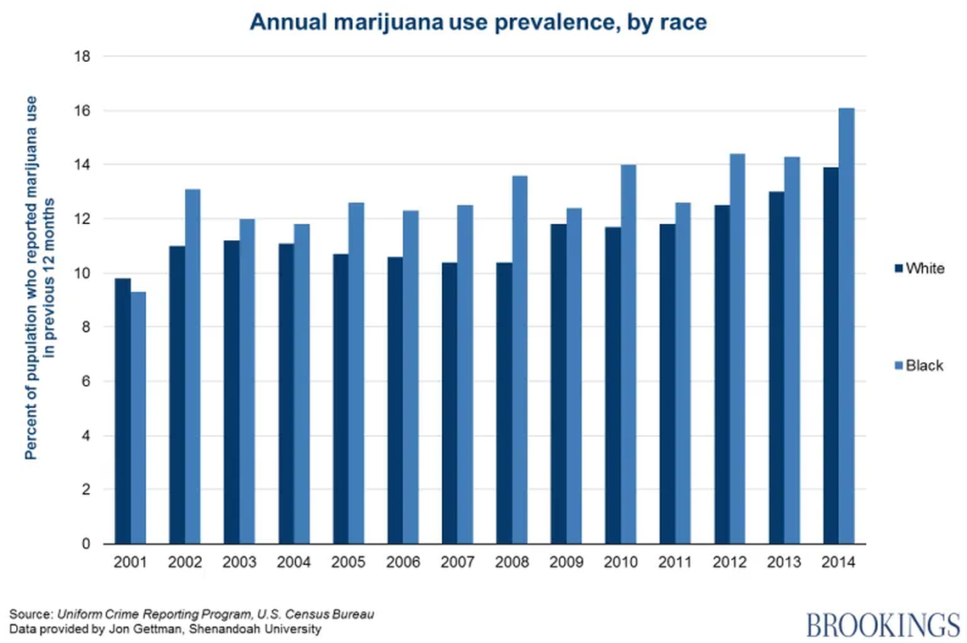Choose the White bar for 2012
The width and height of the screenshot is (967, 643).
click(x=723, y=374)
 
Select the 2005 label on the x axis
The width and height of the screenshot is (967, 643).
click(x=349, y=562)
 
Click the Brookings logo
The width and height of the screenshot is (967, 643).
click(x=882, y=625)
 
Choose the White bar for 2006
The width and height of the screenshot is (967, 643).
click(x=395, y=400)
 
